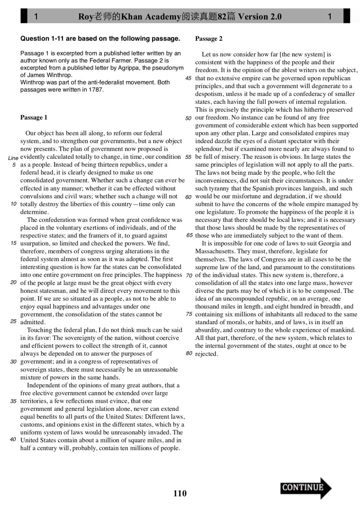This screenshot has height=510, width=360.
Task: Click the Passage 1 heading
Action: [34, 117]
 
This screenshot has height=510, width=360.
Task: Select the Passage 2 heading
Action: [209, 39]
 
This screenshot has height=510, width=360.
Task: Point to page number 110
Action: [180, 493]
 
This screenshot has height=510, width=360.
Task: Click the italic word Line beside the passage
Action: [13, 158]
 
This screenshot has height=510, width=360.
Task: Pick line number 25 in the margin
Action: [13, 322]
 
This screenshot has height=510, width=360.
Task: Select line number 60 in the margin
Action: [188, 197]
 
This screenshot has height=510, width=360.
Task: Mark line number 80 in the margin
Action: [189, 353]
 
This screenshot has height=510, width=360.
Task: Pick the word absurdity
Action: [208, 330]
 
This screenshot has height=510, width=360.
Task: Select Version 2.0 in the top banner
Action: [260, 16]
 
